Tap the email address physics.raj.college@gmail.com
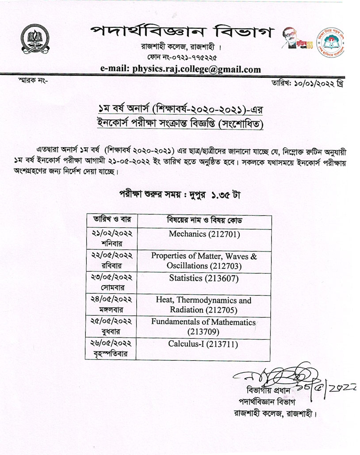179,69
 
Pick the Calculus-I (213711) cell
204,344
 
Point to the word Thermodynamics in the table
214,300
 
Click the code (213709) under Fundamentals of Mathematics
204,331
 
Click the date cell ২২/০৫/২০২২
111,256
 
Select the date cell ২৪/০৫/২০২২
111,300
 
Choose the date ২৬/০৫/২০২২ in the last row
111,343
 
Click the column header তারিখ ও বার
111,220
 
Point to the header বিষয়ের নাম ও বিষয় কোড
204,220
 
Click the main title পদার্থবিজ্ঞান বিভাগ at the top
182,32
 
